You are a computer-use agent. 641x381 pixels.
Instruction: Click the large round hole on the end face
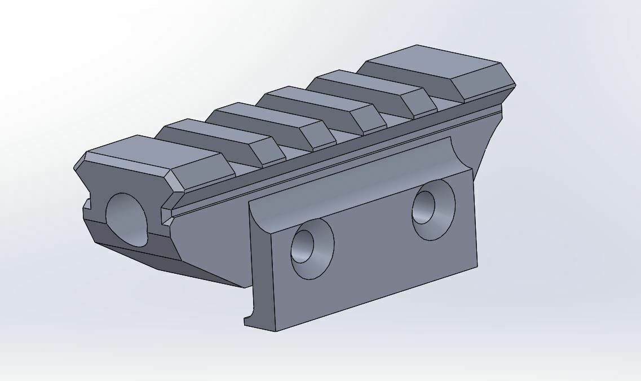tap(127, 219)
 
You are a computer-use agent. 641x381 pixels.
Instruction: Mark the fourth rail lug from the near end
tap(307, 102)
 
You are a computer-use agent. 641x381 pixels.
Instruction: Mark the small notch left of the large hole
tap(87, 203)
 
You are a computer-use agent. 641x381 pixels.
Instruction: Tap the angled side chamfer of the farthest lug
tap(482, 85)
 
